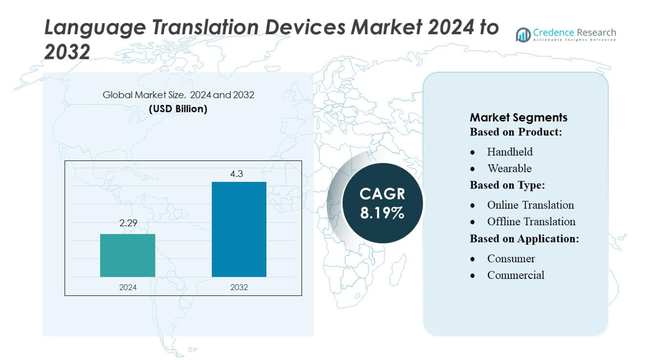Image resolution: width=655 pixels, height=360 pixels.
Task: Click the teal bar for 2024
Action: [x=127, y=255]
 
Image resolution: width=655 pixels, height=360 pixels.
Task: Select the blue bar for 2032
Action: [x=239, y=229]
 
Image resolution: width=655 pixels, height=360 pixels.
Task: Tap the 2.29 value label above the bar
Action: [x=128, y=223]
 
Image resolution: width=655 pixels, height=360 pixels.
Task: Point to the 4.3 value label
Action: [x=237, y=174]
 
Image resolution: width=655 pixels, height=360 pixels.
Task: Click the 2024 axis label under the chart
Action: [x=128, y=287]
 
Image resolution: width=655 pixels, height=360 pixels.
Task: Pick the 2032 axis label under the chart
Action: [x=239, y=287]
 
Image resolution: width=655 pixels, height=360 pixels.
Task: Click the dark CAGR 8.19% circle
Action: [x=382, y=203]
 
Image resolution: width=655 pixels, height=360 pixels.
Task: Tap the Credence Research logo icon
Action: [x=523, y=35]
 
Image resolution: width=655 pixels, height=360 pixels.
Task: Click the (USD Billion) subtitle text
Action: [x=178, y=109]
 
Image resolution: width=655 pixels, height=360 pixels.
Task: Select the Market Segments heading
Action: [x=518, y=117]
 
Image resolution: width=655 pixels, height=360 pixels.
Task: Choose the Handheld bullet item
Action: [x=510, y=152]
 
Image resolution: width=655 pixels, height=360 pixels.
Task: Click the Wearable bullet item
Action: [x=509, y=169]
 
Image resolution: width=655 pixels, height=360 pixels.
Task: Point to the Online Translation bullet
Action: [x=530, y=205]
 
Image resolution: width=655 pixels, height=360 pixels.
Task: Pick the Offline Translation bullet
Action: [x=531, y=222]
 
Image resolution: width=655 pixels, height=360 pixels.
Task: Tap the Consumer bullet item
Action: [x=511, y=259]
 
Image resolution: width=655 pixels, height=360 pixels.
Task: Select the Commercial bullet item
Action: [x=516, y=275]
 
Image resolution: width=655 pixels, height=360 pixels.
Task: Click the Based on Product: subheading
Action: [x=516, y=132]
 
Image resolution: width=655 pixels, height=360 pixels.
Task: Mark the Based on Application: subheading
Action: [x=524, y=238]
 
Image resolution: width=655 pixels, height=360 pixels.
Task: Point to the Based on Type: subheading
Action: [x=507, y=185]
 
